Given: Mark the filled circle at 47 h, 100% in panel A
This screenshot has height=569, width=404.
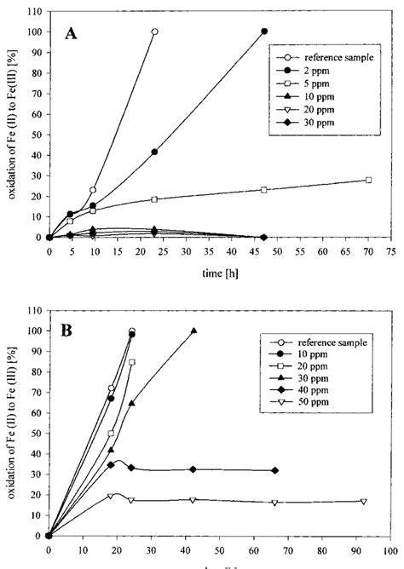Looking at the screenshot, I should (264, 32).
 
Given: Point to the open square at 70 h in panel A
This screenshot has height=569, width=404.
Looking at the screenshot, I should (368, 180).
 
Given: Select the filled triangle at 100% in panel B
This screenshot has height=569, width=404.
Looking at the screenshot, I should (193, 330).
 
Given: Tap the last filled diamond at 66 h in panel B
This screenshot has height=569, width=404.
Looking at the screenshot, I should (274, 470).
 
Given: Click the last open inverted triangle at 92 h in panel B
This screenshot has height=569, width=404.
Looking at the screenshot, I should (363, 502).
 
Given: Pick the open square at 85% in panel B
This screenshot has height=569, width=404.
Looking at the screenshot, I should (132, 362).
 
